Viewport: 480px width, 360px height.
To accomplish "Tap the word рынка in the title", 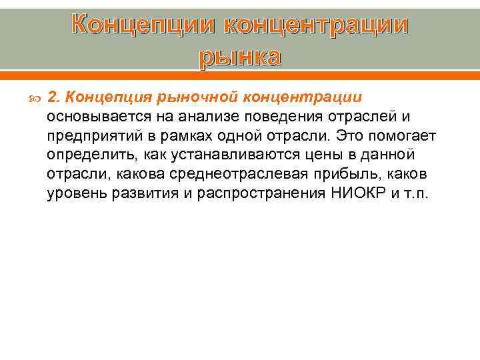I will click(x=240, y=57).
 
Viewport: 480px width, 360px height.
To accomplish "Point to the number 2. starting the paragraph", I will click(x=54, y=98).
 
